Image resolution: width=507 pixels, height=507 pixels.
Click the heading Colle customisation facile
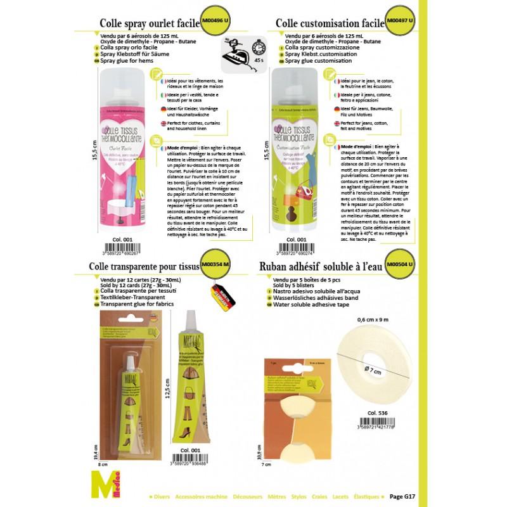[x=330, y=23]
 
